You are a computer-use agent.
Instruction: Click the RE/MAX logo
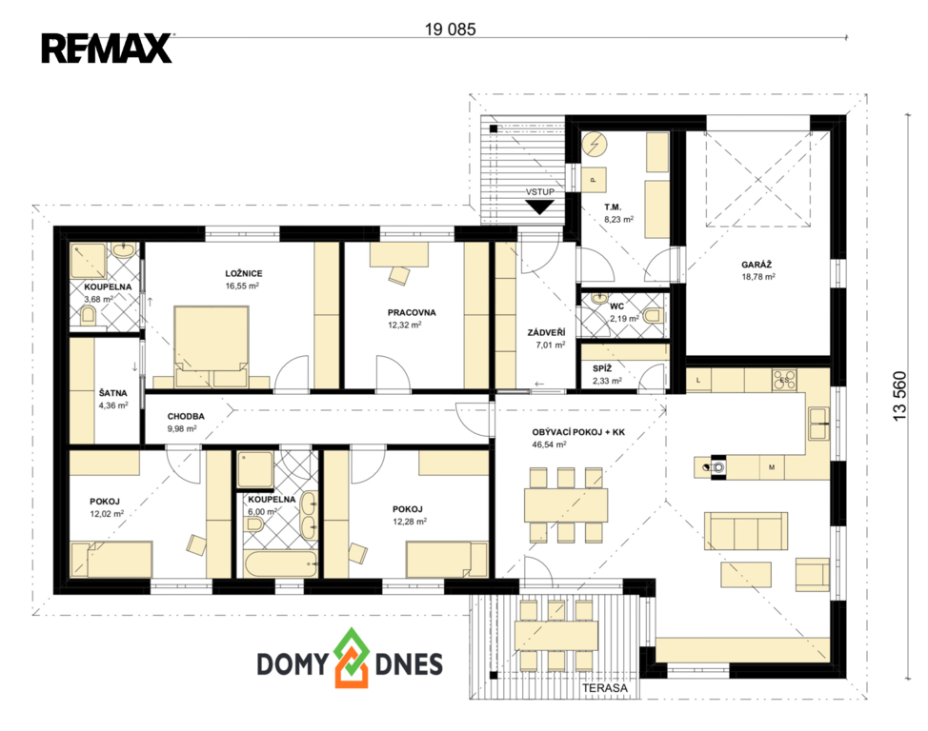click(x=107, y=49)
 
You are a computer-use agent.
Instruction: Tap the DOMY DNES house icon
click(x=352, y=658)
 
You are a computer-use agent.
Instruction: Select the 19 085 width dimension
click(x=450, y=29)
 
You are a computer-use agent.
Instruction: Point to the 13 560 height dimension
click(x=899, y=396)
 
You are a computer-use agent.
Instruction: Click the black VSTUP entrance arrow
click(x=540, y=207)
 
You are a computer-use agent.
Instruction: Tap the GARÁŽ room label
click(x=757, y=265)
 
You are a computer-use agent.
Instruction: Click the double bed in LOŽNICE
click(x=211, y=346)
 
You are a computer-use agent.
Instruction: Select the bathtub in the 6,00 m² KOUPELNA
click(x=280, y=564)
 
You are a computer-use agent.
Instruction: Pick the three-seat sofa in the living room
click(x=746, y=531)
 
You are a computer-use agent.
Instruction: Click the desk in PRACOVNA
click(x=399, y=254)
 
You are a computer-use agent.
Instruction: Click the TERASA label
click(x=605, y=688)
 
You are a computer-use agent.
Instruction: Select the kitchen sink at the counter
click(x=819, y=423)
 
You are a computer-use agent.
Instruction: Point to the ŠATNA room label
click(x=113, y=393)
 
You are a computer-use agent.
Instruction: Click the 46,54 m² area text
click(x=549, y=445)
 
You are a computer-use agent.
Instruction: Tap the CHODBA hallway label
click(x=186, y=416)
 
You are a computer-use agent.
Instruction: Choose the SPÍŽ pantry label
click(x=602, y=367)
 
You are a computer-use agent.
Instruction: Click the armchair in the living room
click(x=813, y=574)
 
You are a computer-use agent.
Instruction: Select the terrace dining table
click(x=556, y=635)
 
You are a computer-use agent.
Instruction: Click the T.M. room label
click(x=613, y=207)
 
